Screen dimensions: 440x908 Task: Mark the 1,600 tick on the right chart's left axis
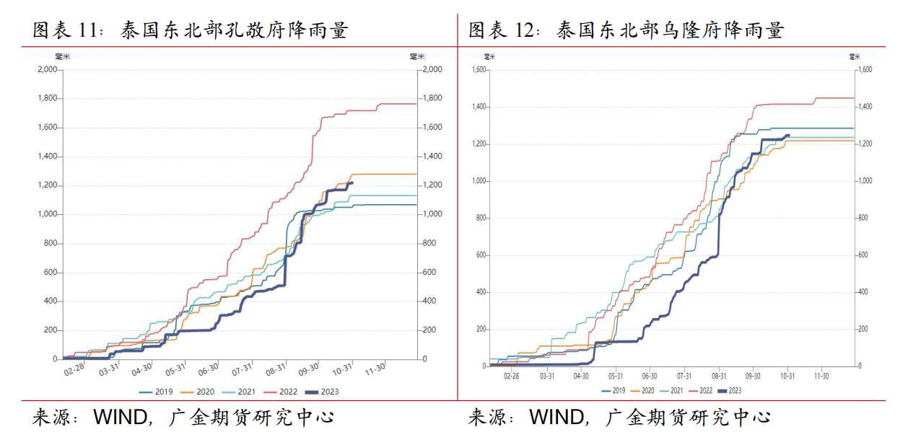pos(479,70)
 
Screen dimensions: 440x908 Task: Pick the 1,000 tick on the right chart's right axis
pos(865,181)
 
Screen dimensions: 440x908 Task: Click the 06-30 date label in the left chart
pos(209,370)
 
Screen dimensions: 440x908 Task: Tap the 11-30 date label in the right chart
pos(821,376)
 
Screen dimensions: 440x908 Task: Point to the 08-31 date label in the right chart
pos(718,376)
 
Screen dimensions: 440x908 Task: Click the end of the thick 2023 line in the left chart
pos(352,182)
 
